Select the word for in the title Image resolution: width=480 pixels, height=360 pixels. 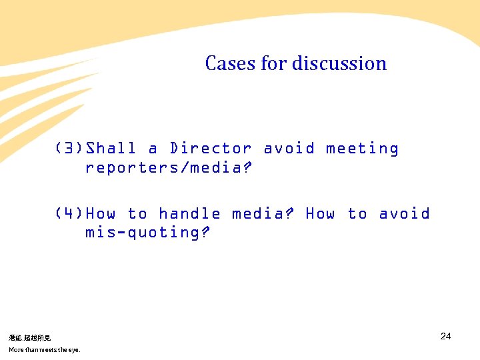tap(273, 63)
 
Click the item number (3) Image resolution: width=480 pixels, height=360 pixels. tap(69, 149)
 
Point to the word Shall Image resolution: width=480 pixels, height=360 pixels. tap(111, 149)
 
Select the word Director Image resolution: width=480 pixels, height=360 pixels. tap(211, 149)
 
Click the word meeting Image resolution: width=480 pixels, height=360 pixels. tap(362, 149)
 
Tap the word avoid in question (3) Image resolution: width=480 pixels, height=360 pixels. tap(289, 149)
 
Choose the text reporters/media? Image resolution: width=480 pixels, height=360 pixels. tap(169, 167)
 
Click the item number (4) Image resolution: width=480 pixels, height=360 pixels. tap(69, 214)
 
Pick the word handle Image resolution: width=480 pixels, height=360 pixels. tap(189, 214)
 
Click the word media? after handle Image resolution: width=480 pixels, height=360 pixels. tap(263, 214)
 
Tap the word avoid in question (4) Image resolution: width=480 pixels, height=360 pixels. tap(404, 214)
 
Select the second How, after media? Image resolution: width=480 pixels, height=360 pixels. tap(320, 214)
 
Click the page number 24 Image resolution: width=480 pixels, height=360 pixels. tap(445, 336)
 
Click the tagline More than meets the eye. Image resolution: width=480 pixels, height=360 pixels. tap(44, 350)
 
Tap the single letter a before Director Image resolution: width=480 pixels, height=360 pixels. tap(153, 149)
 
